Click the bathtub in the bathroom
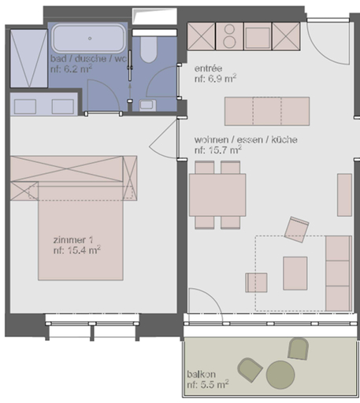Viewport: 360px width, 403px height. point(89,39)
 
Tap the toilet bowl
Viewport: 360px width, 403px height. point(149,50)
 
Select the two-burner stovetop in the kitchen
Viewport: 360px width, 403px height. point(229,36)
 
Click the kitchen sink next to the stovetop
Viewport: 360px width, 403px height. point(258,36)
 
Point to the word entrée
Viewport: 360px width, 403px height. point(208,68)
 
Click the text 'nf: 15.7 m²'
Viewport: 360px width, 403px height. point(218,150)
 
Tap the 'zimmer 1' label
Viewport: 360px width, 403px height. point(73,240)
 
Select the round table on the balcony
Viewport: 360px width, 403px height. point(280,375)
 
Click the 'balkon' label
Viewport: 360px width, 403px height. point(201,374)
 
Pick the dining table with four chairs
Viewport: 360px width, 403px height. point(217,194)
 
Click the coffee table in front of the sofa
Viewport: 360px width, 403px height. point(295,273)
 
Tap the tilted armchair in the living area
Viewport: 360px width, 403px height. point(296,230)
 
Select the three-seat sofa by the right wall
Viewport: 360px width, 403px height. point(339,273)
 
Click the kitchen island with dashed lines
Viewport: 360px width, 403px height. point(267,111)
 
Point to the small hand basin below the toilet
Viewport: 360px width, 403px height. point(147,105)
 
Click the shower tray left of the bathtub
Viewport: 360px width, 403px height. point(29,58)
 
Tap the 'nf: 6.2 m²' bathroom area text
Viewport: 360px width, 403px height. point(71,69)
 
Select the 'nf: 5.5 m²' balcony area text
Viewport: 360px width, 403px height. point(208,385)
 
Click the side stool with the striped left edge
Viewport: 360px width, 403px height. point(256,283)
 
